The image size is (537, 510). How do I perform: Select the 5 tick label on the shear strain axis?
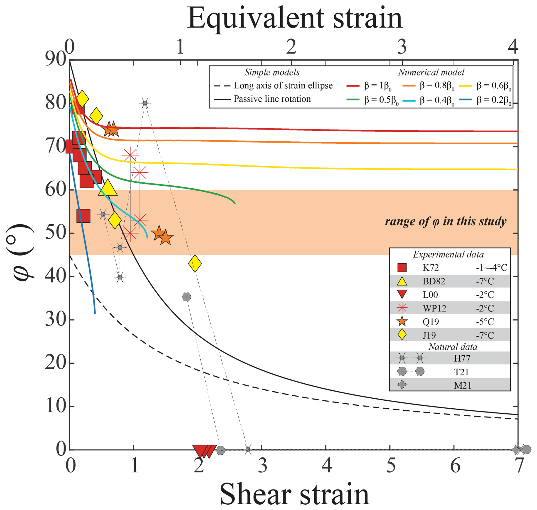(x=391, y=466)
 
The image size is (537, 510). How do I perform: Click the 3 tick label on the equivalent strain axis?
(x=402, y=47)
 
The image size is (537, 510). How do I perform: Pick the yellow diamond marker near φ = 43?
(x=195, y=264)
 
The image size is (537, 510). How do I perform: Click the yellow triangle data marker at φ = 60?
(x=108, y=188)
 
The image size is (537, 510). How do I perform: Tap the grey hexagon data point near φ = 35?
(x=186, y=297)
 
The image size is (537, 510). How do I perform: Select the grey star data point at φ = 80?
(x=145, y=103)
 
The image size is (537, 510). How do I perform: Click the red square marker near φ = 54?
(x=83, y=216)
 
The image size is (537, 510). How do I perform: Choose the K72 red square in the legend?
(x=402, y=267)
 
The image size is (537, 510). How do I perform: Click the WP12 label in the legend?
(x=434, y=308)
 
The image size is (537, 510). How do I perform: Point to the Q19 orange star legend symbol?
(x=402, y=322)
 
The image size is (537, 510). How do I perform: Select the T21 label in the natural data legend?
(x=462, y=372)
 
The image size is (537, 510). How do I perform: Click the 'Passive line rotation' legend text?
(x=272, y=99)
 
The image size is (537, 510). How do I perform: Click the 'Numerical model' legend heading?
(x=431, y=72)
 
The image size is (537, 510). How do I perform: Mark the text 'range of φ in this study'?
(x=445, y=221)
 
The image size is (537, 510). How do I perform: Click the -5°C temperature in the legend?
(x=485, y=322)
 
